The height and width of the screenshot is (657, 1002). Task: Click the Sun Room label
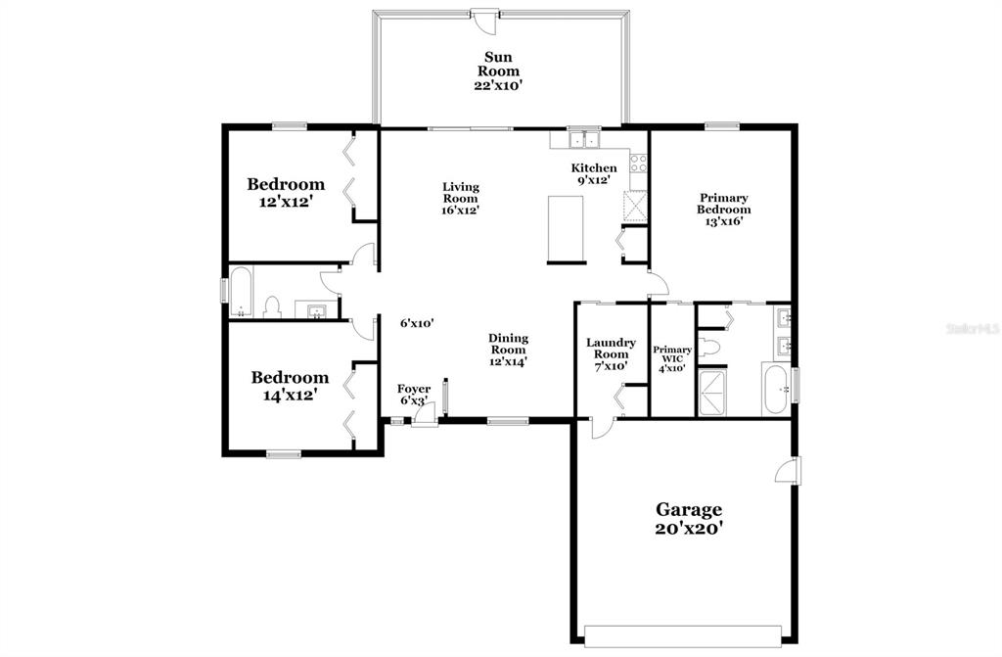coord(498,64)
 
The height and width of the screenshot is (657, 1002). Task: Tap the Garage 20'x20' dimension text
coord(689,529)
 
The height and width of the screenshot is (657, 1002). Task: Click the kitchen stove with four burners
coord(638,164)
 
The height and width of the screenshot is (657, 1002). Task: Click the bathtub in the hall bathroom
coord(241,293)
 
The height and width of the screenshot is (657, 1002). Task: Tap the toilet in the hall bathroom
coord(273,306)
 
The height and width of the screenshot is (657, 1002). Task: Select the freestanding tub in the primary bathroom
coord(776,389)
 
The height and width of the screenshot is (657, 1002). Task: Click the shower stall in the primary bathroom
coord(711,392)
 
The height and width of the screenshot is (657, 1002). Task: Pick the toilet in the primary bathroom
coord(709,347)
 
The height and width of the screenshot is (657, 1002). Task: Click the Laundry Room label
coord(611,348)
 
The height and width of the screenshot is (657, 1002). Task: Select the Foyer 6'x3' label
coord(414,395)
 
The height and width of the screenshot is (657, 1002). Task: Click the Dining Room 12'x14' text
coord(508,350)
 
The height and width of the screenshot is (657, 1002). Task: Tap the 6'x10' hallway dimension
coord(417,324)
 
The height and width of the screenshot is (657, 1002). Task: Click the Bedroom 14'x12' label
coord(290,387)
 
